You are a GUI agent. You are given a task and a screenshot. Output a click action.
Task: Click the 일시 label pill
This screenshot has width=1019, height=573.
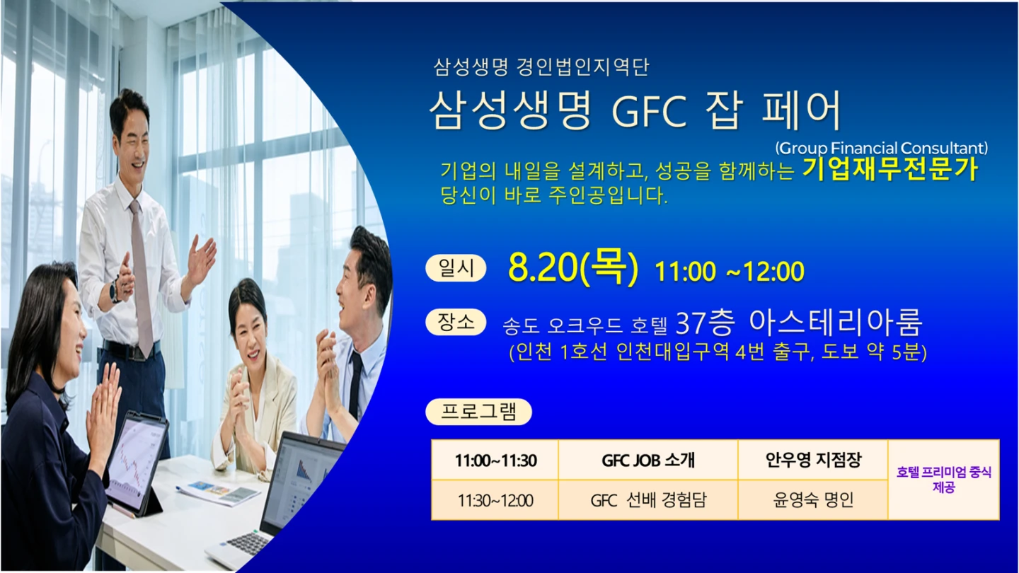pos(456,268)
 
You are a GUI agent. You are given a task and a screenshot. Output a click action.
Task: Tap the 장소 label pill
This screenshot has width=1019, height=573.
pos(456,322)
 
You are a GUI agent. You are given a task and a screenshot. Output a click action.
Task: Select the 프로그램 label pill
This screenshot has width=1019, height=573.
pos(478,412)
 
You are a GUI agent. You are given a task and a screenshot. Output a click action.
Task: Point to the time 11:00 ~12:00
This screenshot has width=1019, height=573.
pos(729,272)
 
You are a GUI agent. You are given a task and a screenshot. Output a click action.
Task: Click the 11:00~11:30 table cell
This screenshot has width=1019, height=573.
pos(495,461)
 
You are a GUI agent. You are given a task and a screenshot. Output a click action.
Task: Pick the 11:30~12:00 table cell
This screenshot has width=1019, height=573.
pos(495,500)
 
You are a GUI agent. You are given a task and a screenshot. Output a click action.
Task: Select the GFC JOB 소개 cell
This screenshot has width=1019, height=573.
pos(648,461)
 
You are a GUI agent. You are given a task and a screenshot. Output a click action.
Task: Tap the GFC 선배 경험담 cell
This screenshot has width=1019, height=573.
pos(648,500)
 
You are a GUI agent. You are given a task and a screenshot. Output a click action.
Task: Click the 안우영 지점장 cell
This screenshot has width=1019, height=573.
pos(813,461)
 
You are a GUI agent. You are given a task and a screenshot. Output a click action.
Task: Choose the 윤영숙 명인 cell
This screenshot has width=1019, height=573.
pos(813,500)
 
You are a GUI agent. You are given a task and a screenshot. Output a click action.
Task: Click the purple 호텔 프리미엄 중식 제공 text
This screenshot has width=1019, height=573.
pos(944,480)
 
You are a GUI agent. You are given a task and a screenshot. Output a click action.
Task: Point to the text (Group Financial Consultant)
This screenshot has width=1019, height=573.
pos(882,149)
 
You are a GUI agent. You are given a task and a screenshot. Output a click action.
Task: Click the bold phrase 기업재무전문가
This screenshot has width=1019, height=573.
pos(890,170)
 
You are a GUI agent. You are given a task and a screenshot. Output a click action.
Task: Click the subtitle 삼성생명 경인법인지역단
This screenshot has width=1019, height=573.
pos(541,67)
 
